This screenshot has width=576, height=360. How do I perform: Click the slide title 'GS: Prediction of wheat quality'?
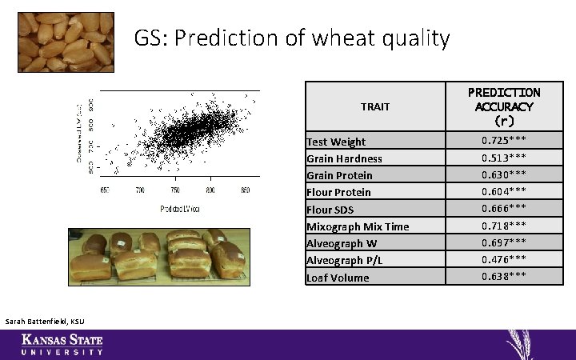[291, 38]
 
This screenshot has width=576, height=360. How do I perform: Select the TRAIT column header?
[375, 106]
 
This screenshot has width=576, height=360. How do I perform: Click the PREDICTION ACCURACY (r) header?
[504, 106]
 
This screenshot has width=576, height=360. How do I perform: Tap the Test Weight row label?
[336, 142]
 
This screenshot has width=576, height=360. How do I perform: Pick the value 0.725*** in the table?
[504, 141]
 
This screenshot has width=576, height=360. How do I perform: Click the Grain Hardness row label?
[344, 158]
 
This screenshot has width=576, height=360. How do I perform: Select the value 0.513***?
[504, 158]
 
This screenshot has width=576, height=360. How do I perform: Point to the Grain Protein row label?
[339, 175]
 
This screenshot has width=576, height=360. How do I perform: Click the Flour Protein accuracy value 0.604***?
[504, 191]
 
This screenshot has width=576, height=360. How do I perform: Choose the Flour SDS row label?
[330, 210]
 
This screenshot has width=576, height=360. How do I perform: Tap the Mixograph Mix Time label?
[358, 226]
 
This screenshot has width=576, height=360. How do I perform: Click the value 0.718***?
[504, 226]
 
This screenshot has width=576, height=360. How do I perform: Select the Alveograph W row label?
[341, 243]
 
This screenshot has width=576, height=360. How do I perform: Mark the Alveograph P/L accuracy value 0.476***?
[504, 259]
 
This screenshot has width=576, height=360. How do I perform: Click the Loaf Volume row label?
[338, 278]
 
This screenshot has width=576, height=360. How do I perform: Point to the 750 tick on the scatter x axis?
[174, 190]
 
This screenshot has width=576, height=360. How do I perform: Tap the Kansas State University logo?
[62, 345]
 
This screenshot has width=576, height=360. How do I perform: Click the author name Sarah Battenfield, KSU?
[44, 322]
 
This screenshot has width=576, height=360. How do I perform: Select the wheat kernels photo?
[66, 42]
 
